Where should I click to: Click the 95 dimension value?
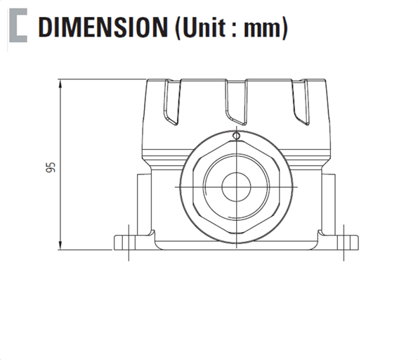tap(50, 167)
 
